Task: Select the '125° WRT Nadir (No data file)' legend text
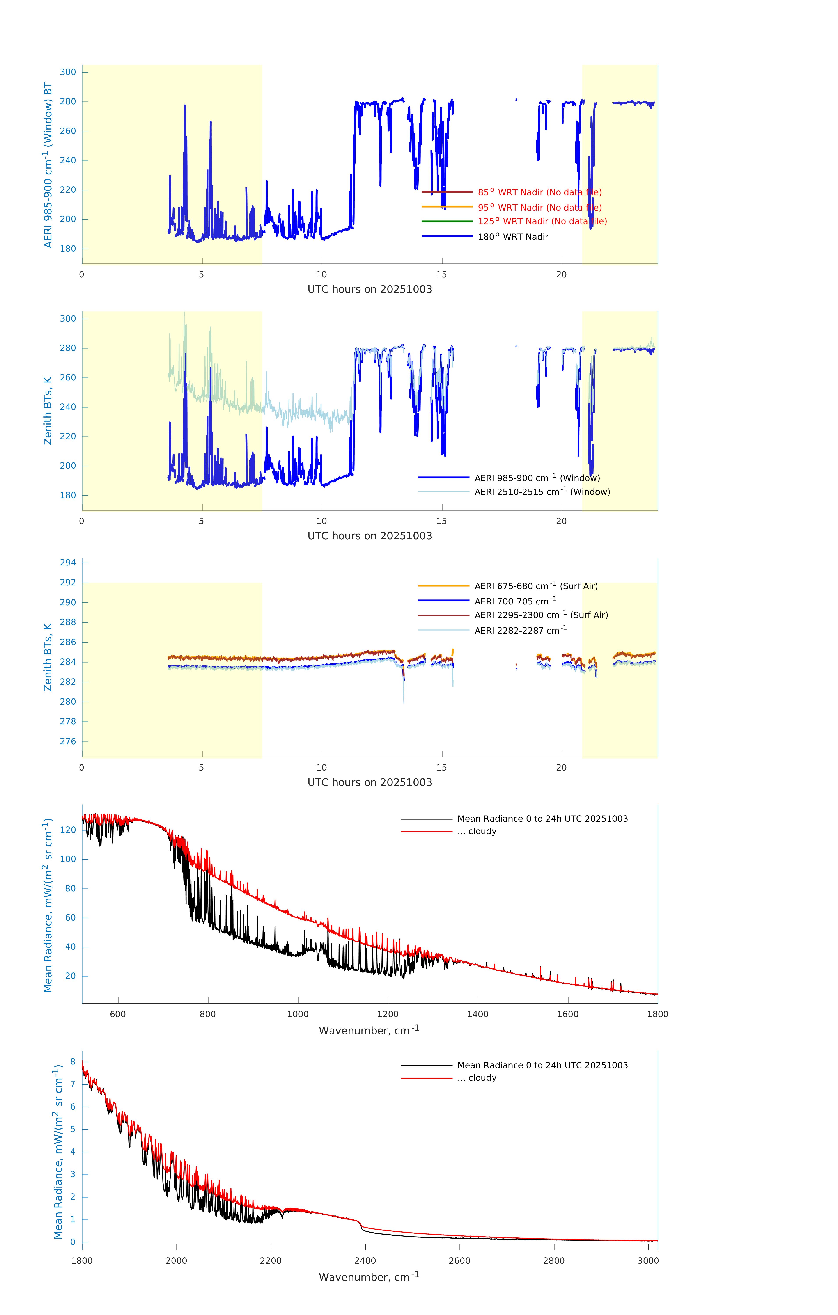(x=542, y=221)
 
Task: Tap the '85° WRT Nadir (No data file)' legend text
(x=539, y=192)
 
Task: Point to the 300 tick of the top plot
(x=68, y=72)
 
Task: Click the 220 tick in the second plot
(x=68, y=436)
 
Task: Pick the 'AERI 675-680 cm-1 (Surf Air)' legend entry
(x=536, y=586)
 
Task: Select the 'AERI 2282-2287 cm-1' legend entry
(x=520, y=630)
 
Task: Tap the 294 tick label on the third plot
(x=68, y=562)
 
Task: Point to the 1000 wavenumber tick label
(x=298, y=1014)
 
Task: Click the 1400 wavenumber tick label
(x=478, y=1014)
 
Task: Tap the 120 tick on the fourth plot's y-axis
(x=68, y=830)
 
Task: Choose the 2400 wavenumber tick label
(x=365, y=1260)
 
